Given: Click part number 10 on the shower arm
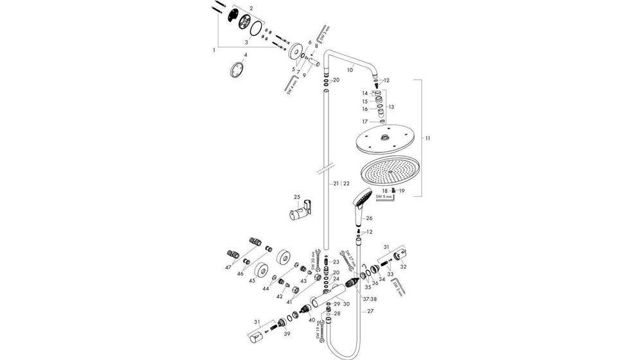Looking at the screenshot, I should click(350, 69).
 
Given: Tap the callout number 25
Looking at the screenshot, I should click(296, 197).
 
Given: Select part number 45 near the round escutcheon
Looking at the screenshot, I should click(252, 281).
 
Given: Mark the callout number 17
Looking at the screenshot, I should click(364, 121).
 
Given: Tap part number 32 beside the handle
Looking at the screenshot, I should click(404, 265).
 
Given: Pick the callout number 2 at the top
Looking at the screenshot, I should click(251, 8).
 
